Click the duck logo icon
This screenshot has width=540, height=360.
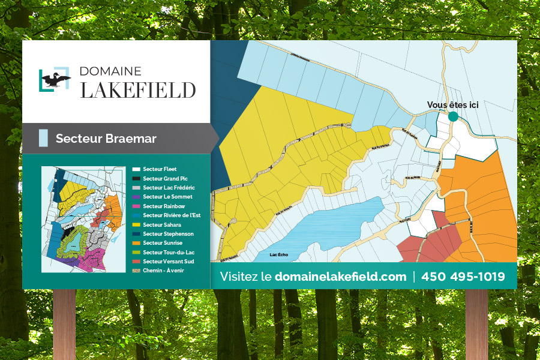[x=55, y=80]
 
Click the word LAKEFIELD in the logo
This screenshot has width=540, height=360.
[x=138, y=90]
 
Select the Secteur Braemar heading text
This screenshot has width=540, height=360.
[x=106, y=139]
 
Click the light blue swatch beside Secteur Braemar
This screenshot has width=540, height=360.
[x=43, y=138]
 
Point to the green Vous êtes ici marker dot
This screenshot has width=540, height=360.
[x=453, y=116]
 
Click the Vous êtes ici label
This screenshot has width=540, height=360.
[x=452, y=104]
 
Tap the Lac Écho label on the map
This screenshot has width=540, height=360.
[x=278, y=254]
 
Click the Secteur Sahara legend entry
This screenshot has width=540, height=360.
[x=162, y=224]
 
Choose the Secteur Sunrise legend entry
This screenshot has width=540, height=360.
[x=163, y=243]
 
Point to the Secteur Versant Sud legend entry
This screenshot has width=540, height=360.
[x=168, y=261]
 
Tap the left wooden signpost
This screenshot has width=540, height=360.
[x=64, y=324]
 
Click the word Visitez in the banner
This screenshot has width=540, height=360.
[x=239, y=277]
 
